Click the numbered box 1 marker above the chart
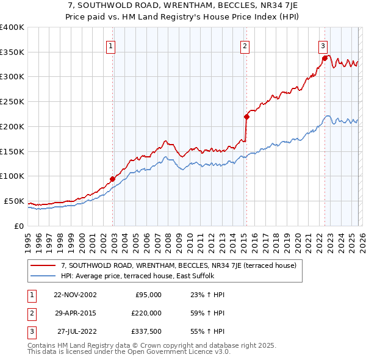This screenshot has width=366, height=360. tap(111, 45)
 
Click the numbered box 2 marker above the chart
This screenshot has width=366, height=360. tap(245, 45)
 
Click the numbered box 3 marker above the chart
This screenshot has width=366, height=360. tap(323, 45)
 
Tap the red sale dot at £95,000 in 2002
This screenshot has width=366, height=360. tap(113, 179)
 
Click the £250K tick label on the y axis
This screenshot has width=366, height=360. tap(12, 102)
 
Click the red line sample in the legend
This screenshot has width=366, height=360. tap(43, 265)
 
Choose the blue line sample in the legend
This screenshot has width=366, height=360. tap(43, 276)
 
